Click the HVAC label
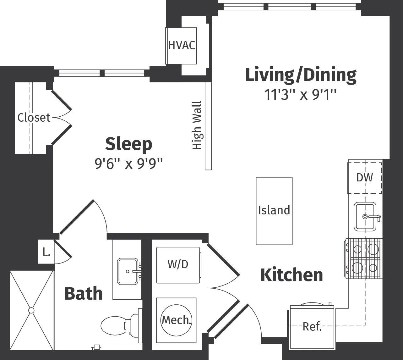click(182, 45)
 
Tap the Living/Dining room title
click(301, 75)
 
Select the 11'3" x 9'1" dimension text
click(301, 94)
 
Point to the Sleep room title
click(128, 144)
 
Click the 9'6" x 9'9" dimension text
click(128, 163)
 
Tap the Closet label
click(34, 118)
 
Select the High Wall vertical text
click(197, 125)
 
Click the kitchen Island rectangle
click(274, 211)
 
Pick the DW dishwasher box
click(364, 178)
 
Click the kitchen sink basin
click(365, 216)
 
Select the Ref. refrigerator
click(312, 327)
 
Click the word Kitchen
click(291, 275)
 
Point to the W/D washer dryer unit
click(178, 265)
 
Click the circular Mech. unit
click(176, 320)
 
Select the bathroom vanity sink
click(128, 271)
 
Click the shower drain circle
click(31, 310)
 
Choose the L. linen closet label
click(46, 252)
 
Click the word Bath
click(84, 294)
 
